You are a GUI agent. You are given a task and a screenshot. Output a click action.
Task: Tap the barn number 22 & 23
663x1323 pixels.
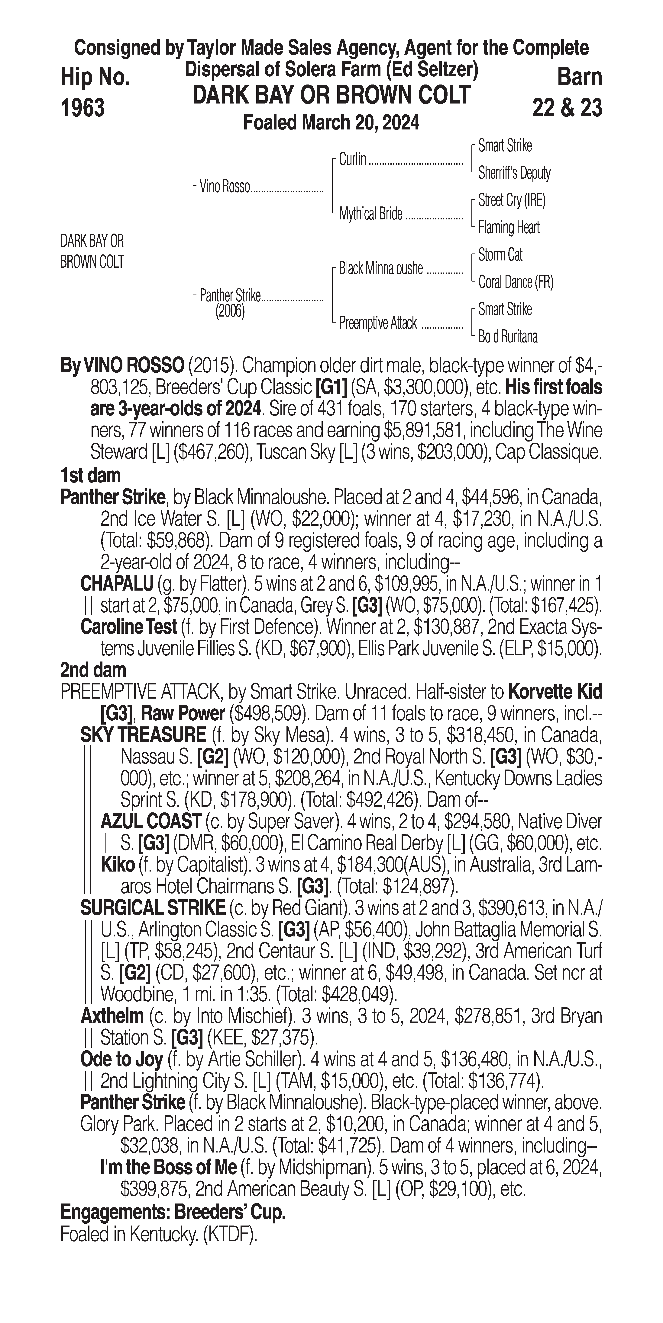567,108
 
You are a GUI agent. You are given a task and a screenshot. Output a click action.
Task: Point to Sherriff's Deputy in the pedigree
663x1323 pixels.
514,173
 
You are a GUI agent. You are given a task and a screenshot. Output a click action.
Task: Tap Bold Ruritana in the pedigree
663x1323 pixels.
508,337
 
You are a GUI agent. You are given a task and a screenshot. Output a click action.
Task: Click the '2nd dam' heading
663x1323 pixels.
93,670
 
